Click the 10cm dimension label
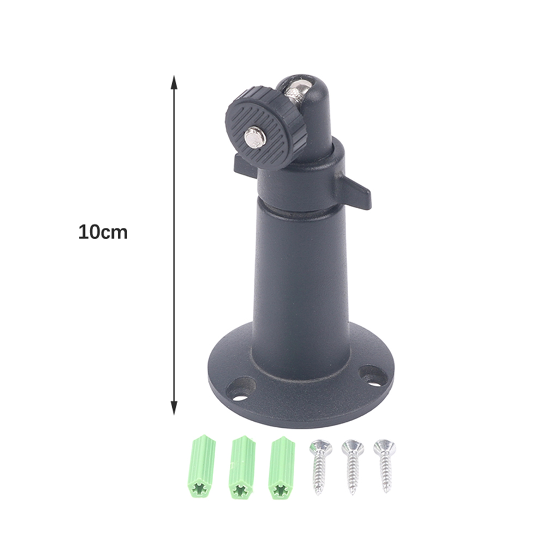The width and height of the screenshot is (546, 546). pyautogui.click(x=103, y=232)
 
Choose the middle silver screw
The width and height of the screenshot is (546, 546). pyautogui.click(x=353, y=466)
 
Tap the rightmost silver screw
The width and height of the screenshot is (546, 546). pyautogui.click(x=385, y=465)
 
